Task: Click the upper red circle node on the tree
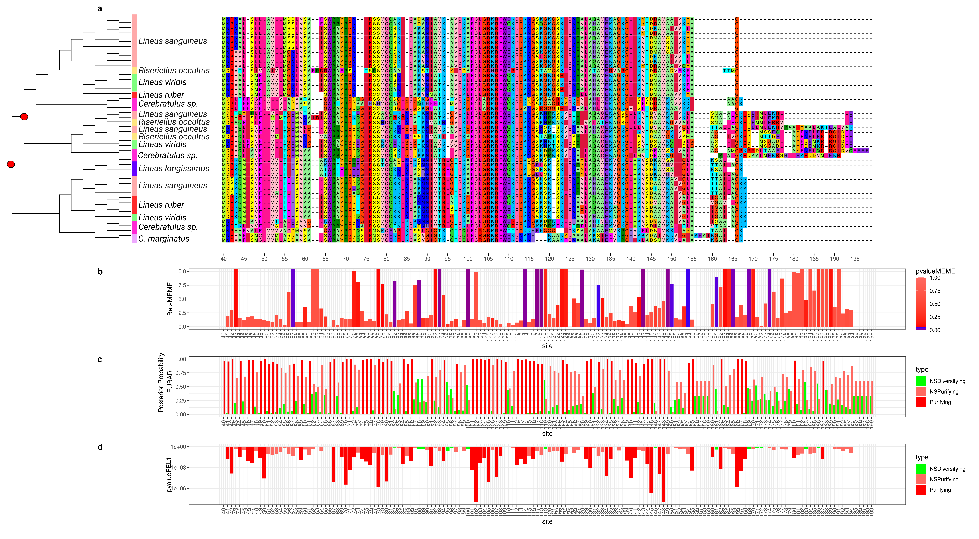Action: [24, 117]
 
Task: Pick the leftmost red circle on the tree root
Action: [11, 164]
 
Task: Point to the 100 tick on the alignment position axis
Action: [468, 259]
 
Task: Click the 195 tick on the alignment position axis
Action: [855, 259]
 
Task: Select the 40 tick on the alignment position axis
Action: [224, 259]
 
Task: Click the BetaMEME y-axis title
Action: [170, 299]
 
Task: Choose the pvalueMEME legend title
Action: [935, 271]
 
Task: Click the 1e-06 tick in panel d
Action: [179, 488]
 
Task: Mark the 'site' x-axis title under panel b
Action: [547, 346]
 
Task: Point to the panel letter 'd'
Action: [100, 447]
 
